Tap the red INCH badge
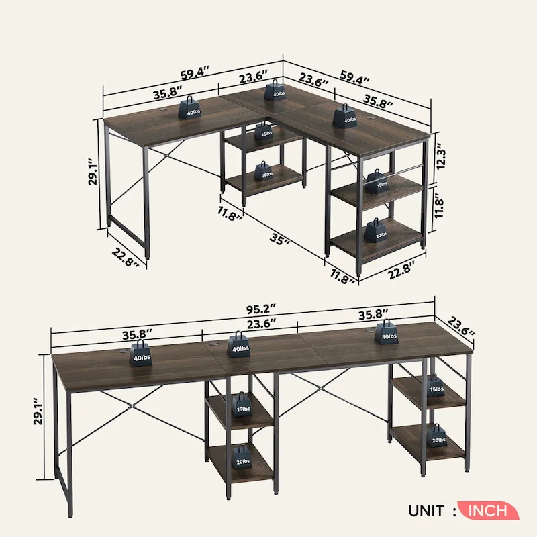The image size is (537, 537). click(488, 510)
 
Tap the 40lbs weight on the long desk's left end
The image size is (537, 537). click(142, 353)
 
